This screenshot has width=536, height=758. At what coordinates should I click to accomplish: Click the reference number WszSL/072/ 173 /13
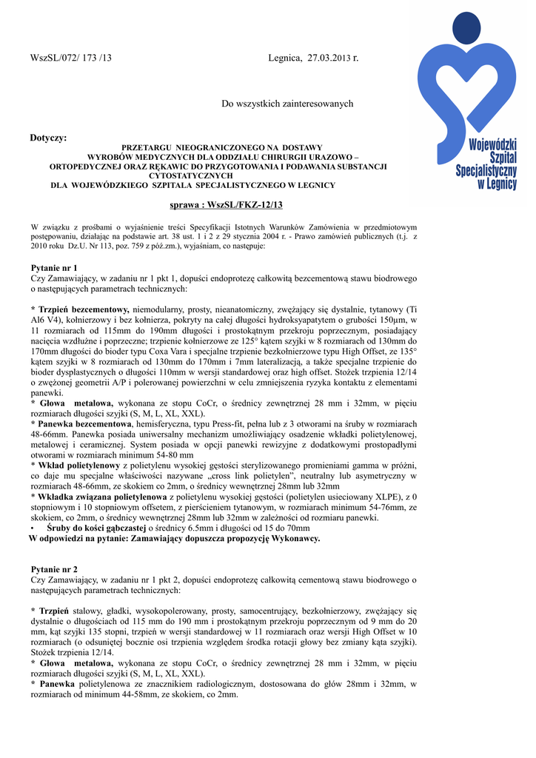(x=71, y=58)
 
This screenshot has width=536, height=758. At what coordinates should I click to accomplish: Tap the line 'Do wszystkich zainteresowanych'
(x=288, y=104)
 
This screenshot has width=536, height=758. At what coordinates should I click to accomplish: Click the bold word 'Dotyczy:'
(x=48, y=138)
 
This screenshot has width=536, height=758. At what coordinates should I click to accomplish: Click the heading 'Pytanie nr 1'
(x=54, y=267)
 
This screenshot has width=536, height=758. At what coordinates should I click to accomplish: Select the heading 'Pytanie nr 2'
(x=54, y=569)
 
